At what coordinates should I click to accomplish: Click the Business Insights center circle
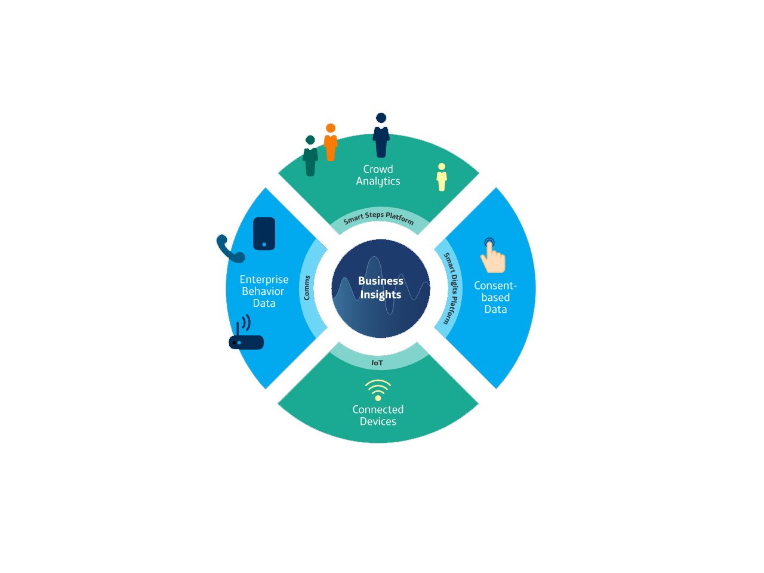tap(380, 288)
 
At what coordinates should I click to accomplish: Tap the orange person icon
tap(330, 142)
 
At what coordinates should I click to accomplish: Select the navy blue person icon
tap(381, 135)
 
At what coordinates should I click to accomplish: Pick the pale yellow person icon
tap(442, 177)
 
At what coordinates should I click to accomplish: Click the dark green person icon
tap(310, 156)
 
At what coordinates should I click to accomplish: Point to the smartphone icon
tap(264, 234)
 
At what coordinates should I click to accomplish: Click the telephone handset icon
tap(230, 249)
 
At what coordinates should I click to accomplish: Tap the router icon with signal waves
tap(246, 332)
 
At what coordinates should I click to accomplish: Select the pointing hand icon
tap(492, 255)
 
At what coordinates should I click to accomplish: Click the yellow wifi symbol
tap(378, 390)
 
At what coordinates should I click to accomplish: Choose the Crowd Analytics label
tap(378, 175)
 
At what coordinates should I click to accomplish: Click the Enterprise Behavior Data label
tap(264, 291)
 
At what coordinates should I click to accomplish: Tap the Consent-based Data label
tap(495, 297)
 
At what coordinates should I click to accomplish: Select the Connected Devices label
tap(378, 415)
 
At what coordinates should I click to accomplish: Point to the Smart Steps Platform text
tap(378, 218)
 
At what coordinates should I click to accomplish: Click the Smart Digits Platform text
tap(451, 288)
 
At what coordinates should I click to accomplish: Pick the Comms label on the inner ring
tap(307, 288)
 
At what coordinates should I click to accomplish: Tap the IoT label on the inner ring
tap(377, 363)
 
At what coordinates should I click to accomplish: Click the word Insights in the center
tap(380, 295)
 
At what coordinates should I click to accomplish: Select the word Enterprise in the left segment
tap(264, 280)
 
